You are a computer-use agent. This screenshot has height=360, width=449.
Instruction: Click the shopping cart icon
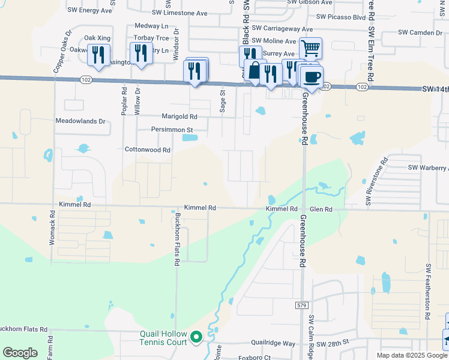tap(310, 48)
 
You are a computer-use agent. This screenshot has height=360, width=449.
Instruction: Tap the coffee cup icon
tap(312, 77)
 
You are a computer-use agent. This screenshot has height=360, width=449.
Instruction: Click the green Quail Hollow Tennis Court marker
tap(196, 338)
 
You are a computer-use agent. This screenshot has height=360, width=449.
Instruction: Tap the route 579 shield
tap(301, 305)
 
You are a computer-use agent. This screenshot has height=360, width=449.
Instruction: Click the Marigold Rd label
tap(179, 116)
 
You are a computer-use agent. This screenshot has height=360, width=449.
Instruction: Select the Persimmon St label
tap(172, 130)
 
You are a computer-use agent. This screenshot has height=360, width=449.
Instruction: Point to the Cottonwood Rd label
tap(148, 149)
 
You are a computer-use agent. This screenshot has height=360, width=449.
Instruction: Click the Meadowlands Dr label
tap(80, 121)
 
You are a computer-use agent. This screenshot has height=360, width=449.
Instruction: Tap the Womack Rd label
tap(52, 231)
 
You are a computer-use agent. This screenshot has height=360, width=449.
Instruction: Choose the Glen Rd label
tap(321, 209)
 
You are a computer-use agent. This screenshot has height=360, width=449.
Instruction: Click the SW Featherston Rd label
tap(429, 290)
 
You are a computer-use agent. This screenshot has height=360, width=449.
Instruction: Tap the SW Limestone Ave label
tap(179, 13)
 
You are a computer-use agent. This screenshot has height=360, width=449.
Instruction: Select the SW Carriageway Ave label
tap(282, 29)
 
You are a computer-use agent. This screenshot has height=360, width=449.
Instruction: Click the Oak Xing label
tap(97, 38)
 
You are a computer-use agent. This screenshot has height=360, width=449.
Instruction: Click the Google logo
tap(20, 353)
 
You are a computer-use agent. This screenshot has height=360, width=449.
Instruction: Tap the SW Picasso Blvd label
tap(339, 18)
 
